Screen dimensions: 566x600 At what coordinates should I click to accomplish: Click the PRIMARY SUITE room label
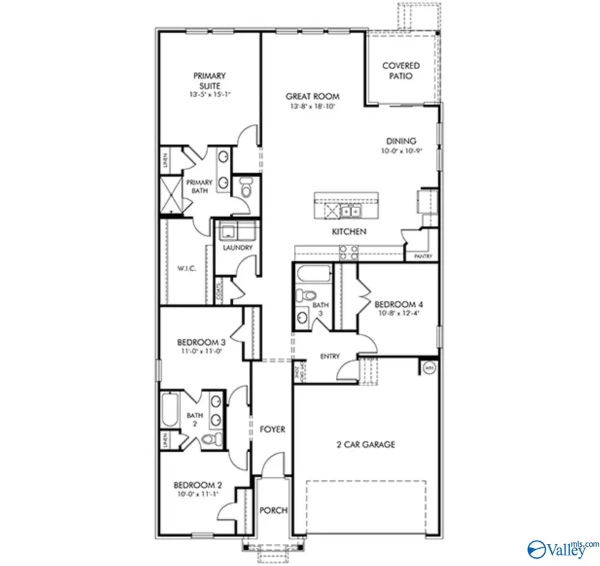[209, 81]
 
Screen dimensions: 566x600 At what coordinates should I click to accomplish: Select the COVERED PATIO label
[401, 71]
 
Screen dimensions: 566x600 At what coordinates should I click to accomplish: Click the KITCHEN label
[350, 232]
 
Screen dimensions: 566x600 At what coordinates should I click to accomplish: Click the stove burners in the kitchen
[348, 252]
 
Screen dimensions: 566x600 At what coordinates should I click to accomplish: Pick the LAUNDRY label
[238, 248]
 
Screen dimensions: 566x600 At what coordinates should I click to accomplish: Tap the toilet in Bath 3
[307, 294]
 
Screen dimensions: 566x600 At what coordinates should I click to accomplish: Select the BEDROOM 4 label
[399, 304]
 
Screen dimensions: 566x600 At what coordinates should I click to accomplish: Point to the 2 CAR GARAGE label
[365, 445]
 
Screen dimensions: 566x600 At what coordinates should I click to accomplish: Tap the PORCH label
[273, 511]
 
